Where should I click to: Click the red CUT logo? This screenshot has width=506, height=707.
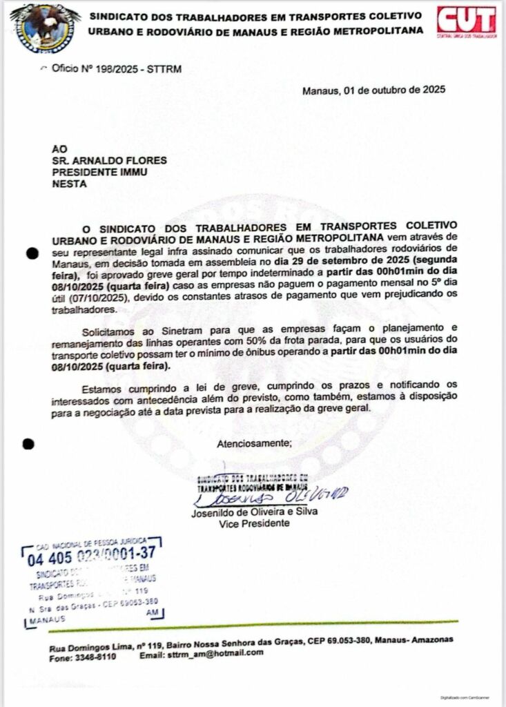pos(466,21)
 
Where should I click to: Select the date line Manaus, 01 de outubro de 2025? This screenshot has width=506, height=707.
pos(374,90)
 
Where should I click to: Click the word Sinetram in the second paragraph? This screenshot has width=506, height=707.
pos(169,332)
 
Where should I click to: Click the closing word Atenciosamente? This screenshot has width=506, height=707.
pos(255,443)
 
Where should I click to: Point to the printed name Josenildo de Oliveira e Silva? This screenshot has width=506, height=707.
pos(254,512)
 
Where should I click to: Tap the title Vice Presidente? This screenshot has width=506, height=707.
pos(254,523)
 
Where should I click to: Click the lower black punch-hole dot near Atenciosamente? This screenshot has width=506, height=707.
pos(28,444)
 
